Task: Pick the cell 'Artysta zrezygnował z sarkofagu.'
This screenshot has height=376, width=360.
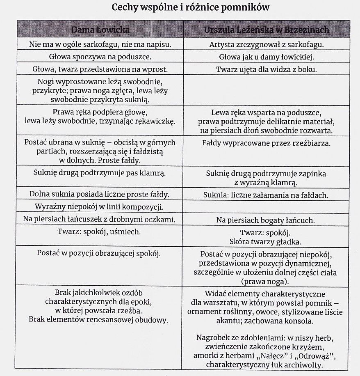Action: pyautogui.click(x=267, y=45)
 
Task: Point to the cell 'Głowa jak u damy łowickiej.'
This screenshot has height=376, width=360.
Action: pyautogui.click(x=267, y=57)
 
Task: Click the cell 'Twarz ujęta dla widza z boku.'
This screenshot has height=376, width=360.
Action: pyautogui.click(x=267, y=69)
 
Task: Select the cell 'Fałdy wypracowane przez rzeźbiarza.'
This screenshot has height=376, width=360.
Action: pyautogui.click(x=267, y=144)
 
